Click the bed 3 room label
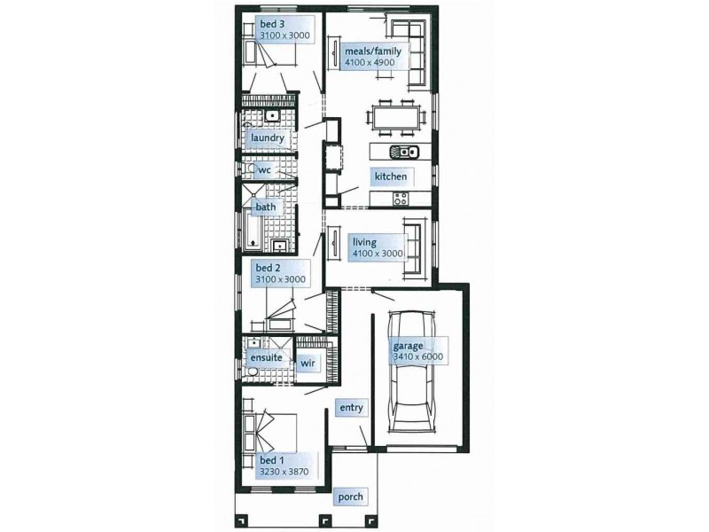tap(270, 23)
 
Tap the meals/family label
tap(372, 51)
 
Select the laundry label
tap(267, 138)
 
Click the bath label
tap(266, 207)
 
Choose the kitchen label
tap(390, 176)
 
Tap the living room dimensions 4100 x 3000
tap(378, 254)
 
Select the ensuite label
tap(267, 356)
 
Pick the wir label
tap(307, 364)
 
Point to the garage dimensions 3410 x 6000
tap(417, 356)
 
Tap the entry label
tap(350, 408)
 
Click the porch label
tap(350, 497)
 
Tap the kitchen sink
tap(403, 151)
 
